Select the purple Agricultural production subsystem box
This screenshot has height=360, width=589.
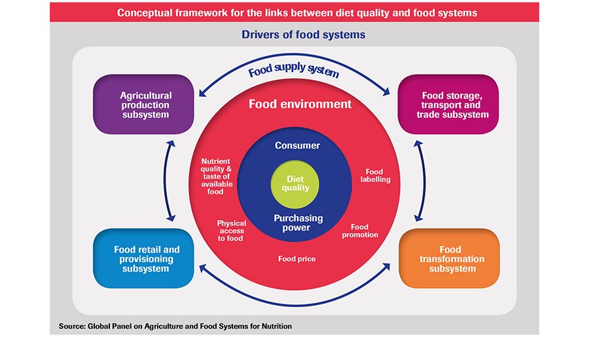(145, 105)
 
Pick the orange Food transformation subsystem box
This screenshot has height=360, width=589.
(450, 259)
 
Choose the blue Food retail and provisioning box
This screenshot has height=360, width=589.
(146, 259)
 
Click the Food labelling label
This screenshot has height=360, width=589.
(374, 175)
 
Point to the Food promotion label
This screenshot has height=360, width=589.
(360, 231)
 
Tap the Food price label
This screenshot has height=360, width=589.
(296, 259)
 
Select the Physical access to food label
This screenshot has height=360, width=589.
(231, 231)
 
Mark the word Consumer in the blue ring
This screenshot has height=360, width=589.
(297, 145)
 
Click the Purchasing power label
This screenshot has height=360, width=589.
(297, 223)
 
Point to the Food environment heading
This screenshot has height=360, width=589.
(300, 104)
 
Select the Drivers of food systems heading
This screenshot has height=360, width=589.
(294, 34)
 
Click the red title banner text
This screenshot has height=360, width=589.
(294, 12)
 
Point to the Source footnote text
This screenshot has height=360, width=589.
(175, 326)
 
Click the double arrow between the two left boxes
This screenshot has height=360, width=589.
(170, 181)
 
